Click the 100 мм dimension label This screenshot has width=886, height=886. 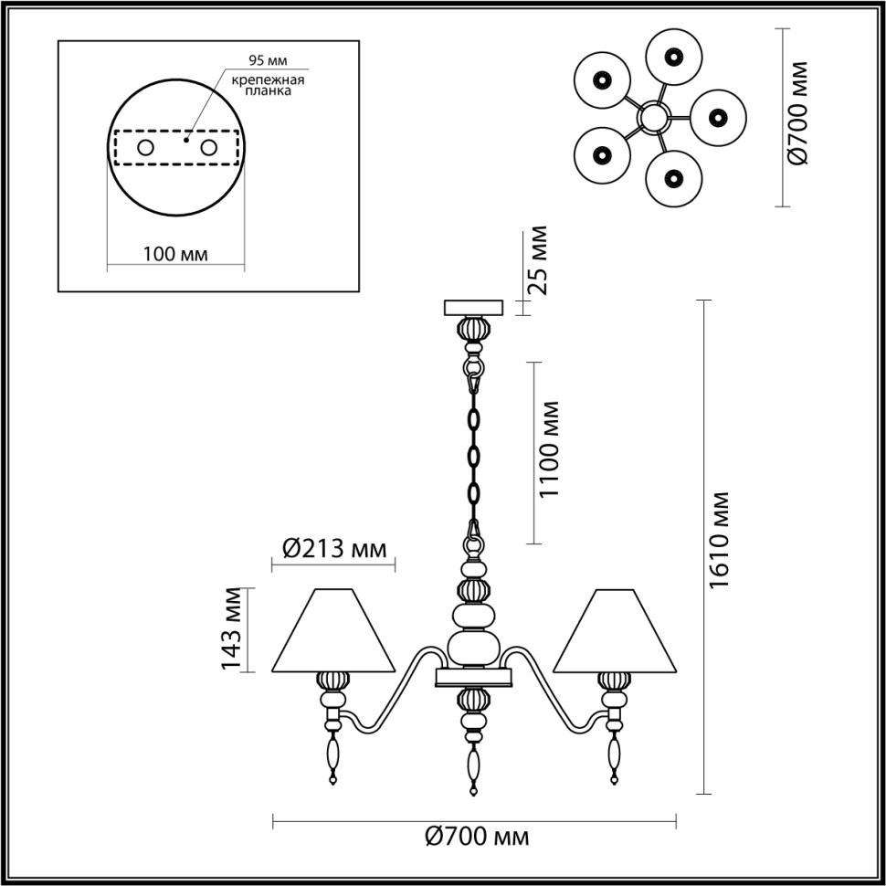tap(175, 254)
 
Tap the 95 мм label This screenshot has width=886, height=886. tap(268, 61)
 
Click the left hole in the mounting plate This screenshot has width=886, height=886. tap(145, 147)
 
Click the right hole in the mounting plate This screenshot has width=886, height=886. tap(208, 147)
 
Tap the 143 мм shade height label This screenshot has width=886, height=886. tap(231, 629)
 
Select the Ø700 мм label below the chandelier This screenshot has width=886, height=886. tap(478, 836)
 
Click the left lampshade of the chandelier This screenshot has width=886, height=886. tap(334, 631)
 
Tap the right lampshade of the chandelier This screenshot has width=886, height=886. tap(615, 631)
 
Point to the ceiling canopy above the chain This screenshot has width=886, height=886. tap(473, 307)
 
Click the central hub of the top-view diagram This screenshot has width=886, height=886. tap(654, 116)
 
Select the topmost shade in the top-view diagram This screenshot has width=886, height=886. tap(673, 57)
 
